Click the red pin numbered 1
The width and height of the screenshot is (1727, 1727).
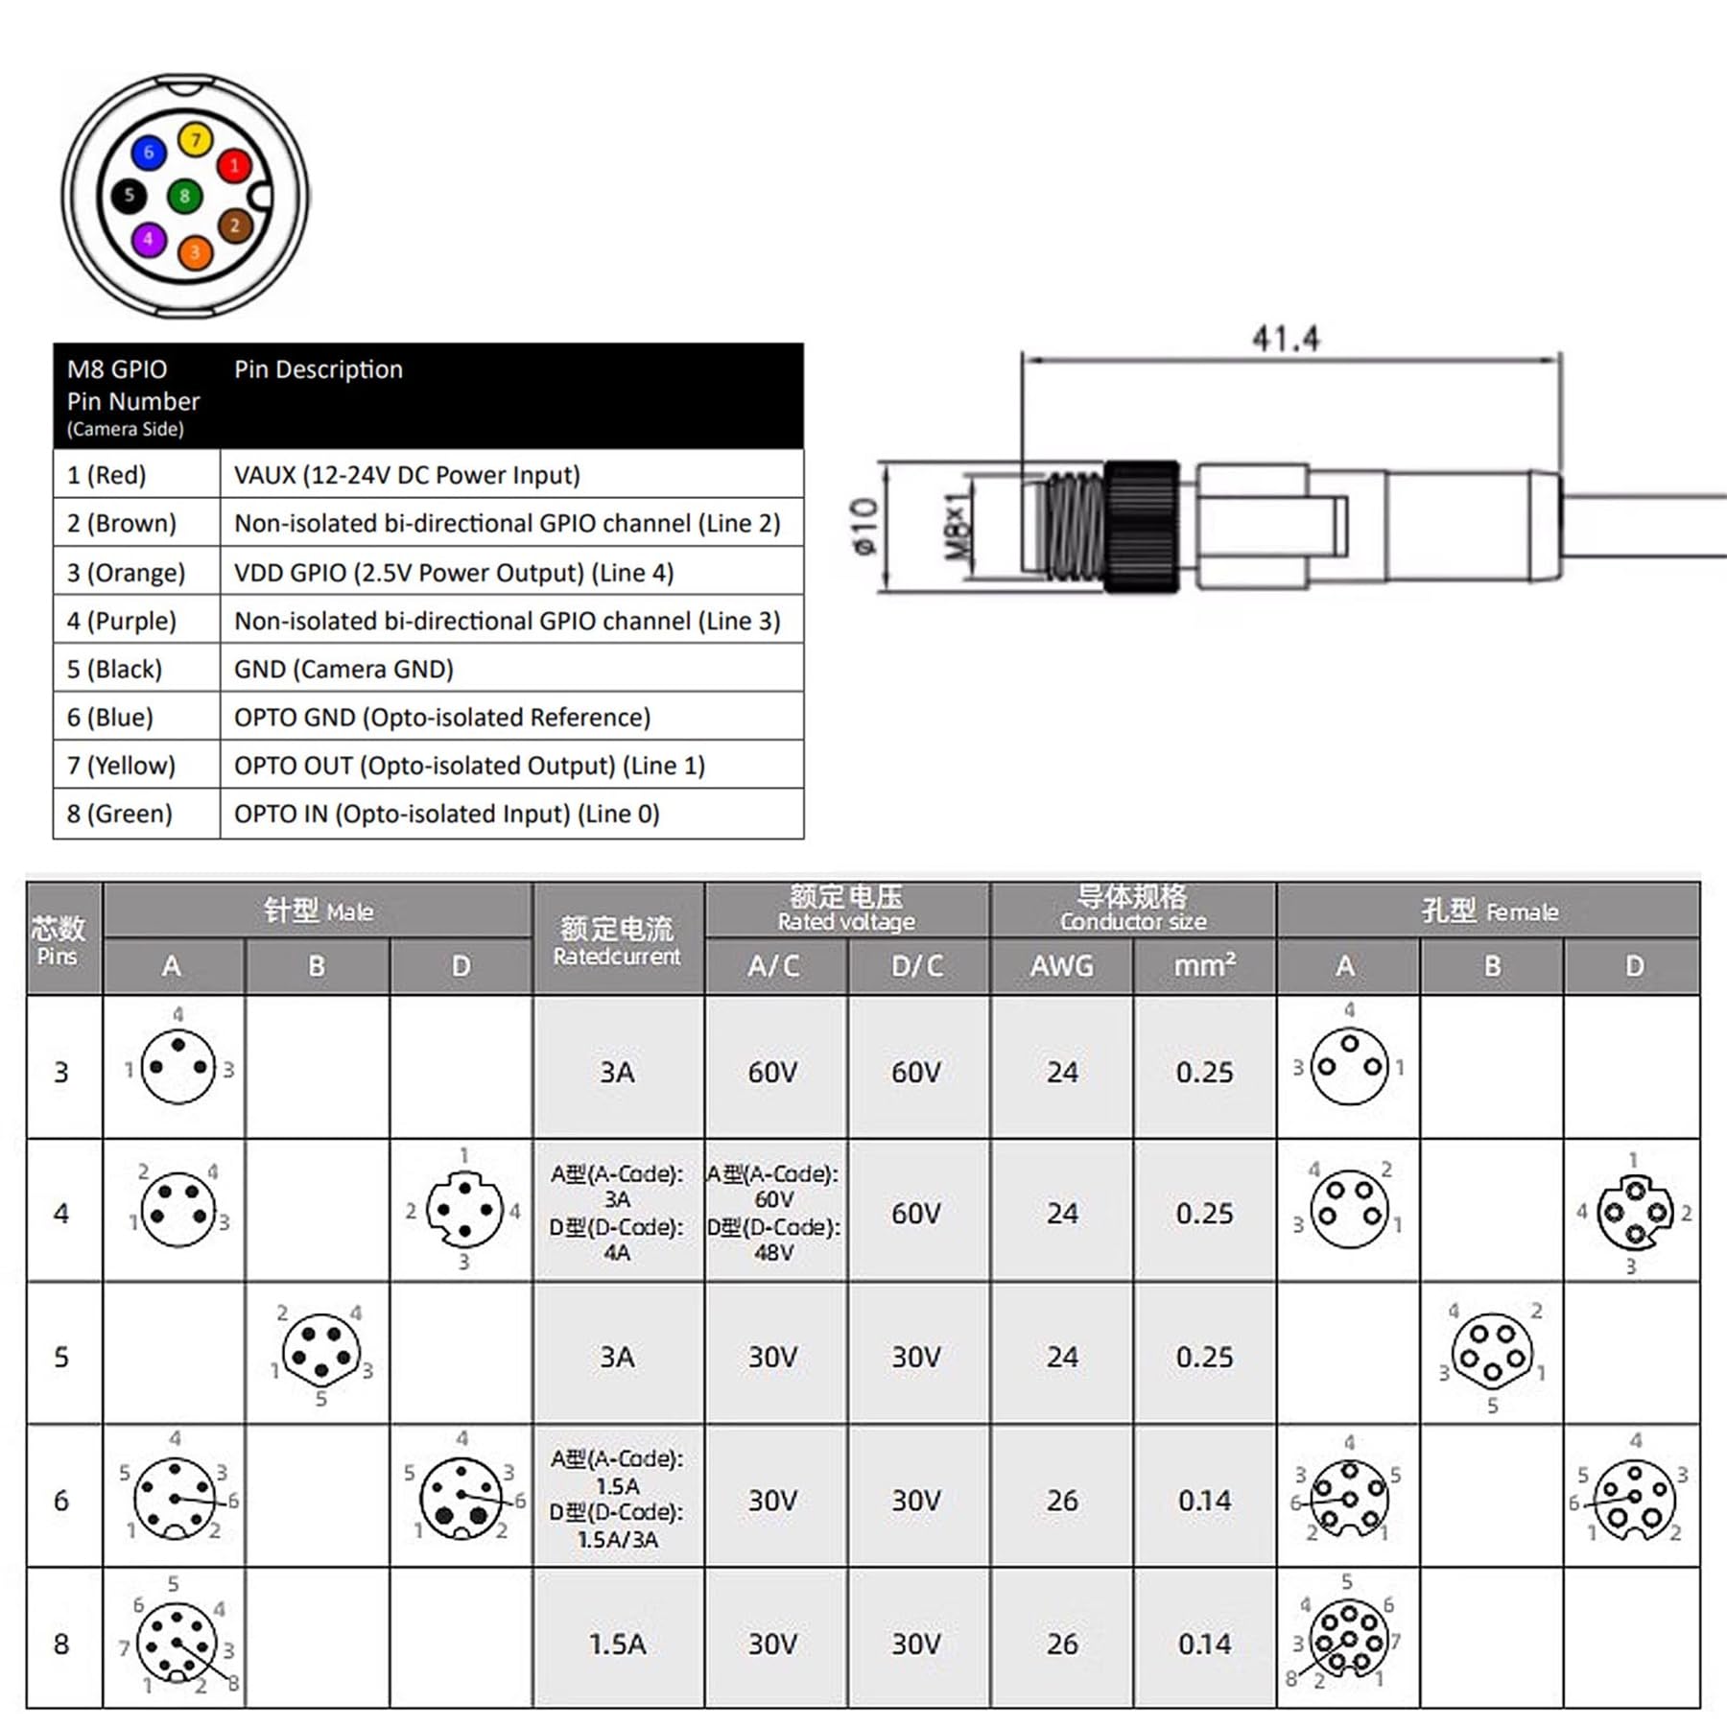pyautogui.click(x=233, y=165)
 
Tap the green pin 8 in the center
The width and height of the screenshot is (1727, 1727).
pyautogui.click(x=184, y=197)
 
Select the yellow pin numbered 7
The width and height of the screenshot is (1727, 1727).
pyautogui.click(x=196, y=140)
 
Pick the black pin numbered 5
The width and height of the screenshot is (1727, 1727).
pyautogui.click(x=129, y=196)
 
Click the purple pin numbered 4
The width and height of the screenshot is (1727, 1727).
pyautogui.click(x=148, y=239)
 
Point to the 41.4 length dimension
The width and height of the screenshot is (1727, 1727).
pyautogui.click(x=1285, y=338)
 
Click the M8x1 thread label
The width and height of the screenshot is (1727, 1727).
pyautogui.click(x=958, y=527)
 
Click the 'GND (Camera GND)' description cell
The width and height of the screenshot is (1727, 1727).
pyautogui.click(x=343, y=669)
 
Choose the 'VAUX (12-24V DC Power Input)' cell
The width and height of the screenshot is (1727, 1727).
pyautogui.click(x=407, y=475)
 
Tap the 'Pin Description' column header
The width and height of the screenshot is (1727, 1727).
pyautogui.click(x=319, y=369)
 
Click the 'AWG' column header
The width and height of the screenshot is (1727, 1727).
pyautogui.click(x=1061, y=965)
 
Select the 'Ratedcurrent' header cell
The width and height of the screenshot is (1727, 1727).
pyautogui.click(x=617, y=940)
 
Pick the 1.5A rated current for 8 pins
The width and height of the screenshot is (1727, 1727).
pyautogui.click(x=617, y=1644)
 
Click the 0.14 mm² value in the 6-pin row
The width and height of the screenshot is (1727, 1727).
pyautogui.click(x=1204, y=1500)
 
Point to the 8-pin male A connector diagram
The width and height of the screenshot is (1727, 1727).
pyautogui.click(x=177, y=1642)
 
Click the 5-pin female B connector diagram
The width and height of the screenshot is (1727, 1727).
pyautogui.click(x=1491, y=1354)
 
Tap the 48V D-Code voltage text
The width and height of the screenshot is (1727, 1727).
pyautogui.click(x=773, y=1253)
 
